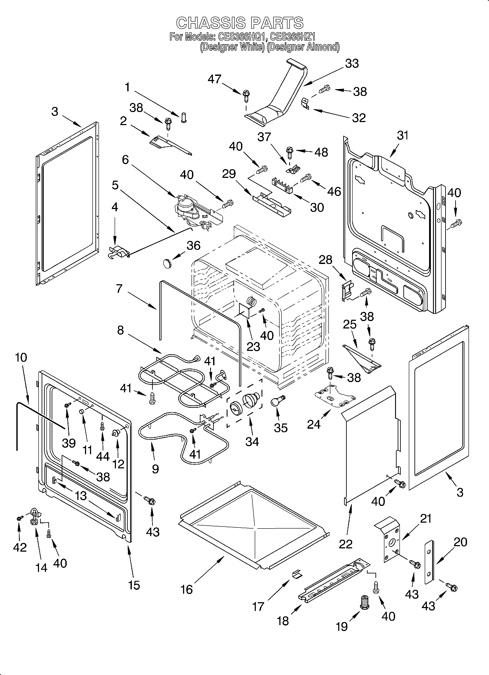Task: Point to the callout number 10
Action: point(20,357)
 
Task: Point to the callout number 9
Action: point(155,469)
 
